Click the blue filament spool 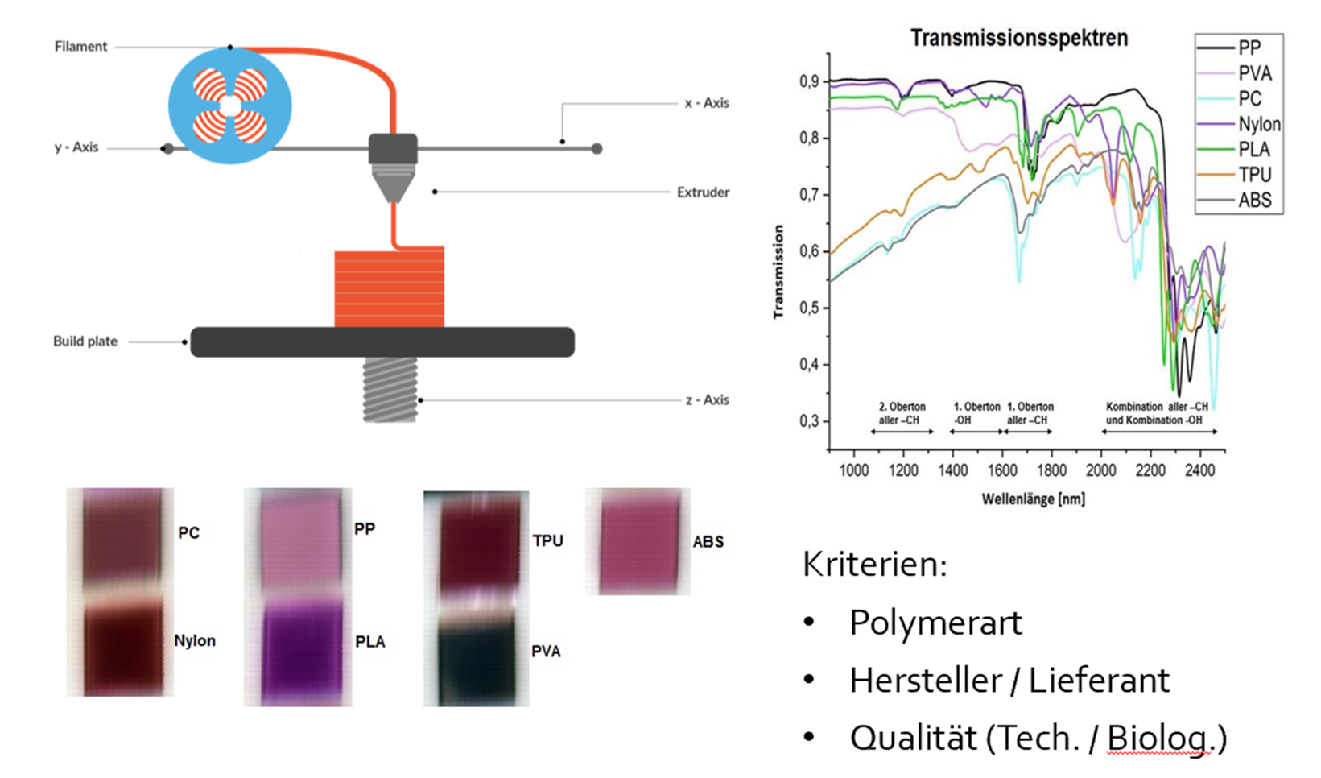coord(230,106)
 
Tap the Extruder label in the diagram coord(703,192)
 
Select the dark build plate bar coord(382,342)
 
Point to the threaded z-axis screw coord(390,389)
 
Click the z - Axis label coord(707,400)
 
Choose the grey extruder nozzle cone coord(393,184)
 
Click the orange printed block coord(390,287)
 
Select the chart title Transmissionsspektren coord(1019,39)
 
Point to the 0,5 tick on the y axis coord(809,308)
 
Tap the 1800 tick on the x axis coord(1051,470)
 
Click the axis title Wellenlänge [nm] coord(1033,499)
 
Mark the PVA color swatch coord(477,664)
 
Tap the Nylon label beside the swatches coord(195,640)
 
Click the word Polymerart coord(935,623)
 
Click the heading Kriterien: coord(874,565)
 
